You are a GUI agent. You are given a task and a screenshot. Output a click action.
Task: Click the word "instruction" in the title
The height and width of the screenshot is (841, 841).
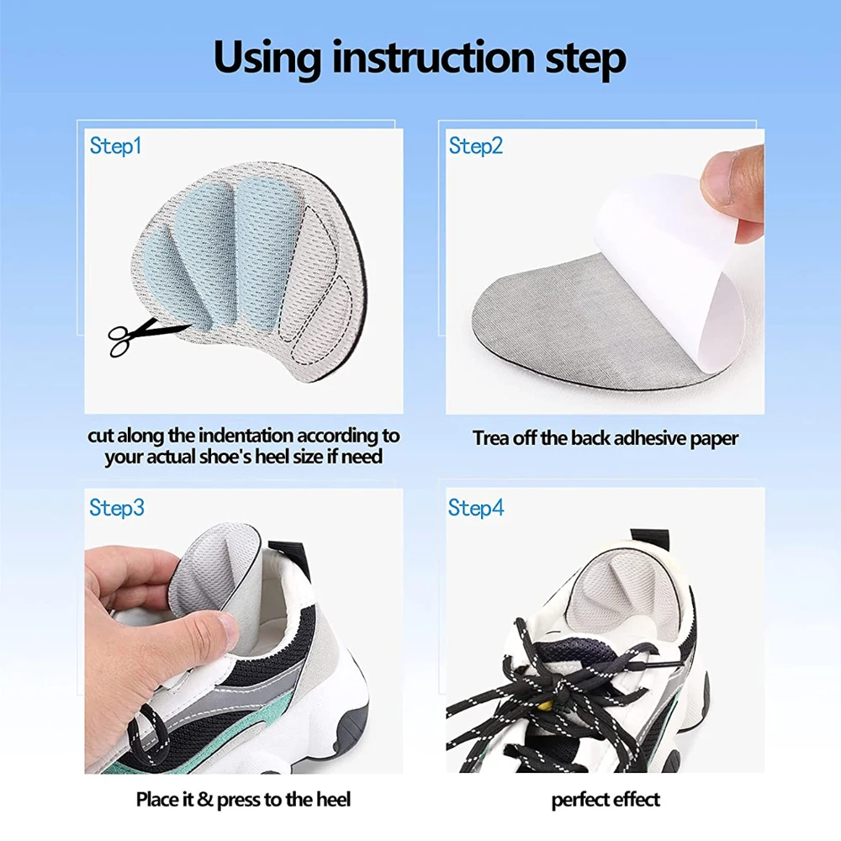[x=433, y=57]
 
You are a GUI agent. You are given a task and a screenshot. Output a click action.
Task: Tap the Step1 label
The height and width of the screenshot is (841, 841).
[x=115, y=145]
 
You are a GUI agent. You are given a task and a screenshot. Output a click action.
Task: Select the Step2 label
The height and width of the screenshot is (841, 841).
[x=476, y=145]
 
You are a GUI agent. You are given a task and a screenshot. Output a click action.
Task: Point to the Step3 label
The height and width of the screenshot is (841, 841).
[x=117, y=507]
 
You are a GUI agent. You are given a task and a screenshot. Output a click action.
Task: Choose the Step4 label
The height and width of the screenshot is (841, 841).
[x=476, y=507]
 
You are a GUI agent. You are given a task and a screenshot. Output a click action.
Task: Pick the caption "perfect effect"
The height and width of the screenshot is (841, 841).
[x=606, y=801]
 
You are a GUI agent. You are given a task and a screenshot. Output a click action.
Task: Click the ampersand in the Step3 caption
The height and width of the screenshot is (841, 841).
[x=205, y=799]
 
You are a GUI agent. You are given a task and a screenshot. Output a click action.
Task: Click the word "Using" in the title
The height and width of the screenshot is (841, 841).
[x=268, y=58]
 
